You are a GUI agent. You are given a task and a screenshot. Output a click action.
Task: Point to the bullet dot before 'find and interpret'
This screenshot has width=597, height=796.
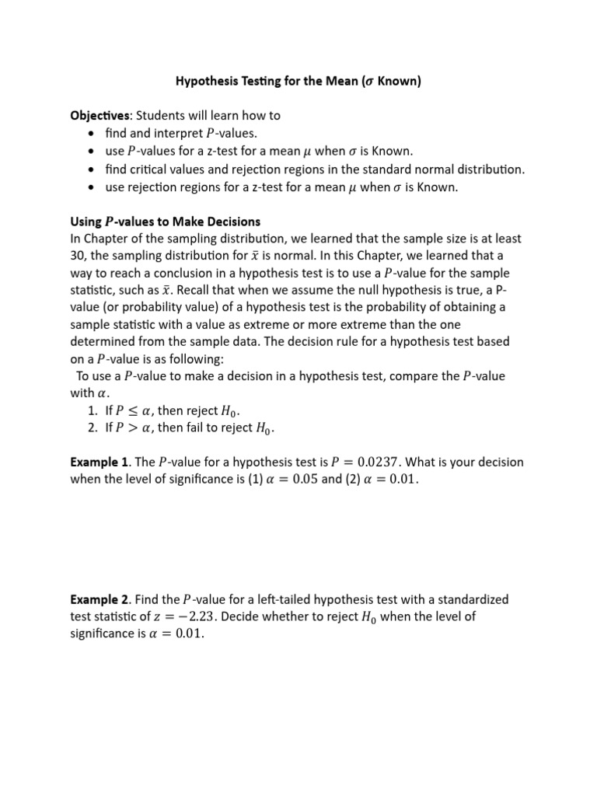coord(92,133)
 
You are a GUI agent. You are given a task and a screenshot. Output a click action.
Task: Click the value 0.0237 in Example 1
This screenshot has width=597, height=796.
coord(368,462)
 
